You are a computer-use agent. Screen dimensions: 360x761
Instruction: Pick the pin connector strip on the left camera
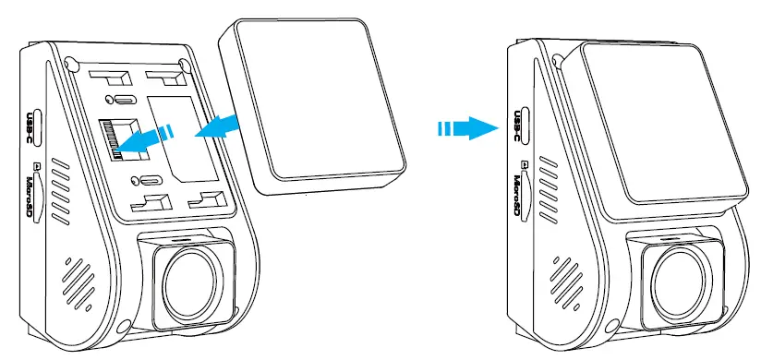[x=112, y=141]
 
